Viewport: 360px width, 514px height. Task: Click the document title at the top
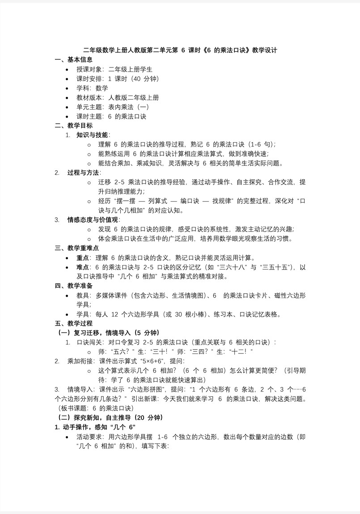click(x=180, y=51)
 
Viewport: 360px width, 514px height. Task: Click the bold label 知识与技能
click(x=93, y=135)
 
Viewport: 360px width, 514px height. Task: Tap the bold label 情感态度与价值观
click(x=93, y=219)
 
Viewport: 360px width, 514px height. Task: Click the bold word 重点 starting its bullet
click(x=83, y=257)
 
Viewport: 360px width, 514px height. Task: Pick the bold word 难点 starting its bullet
click(x=83, y=267)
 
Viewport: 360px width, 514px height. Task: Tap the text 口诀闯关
click(x=89, y=342)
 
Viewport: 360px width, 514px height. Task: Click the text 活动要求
click(x=89, y=436)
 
